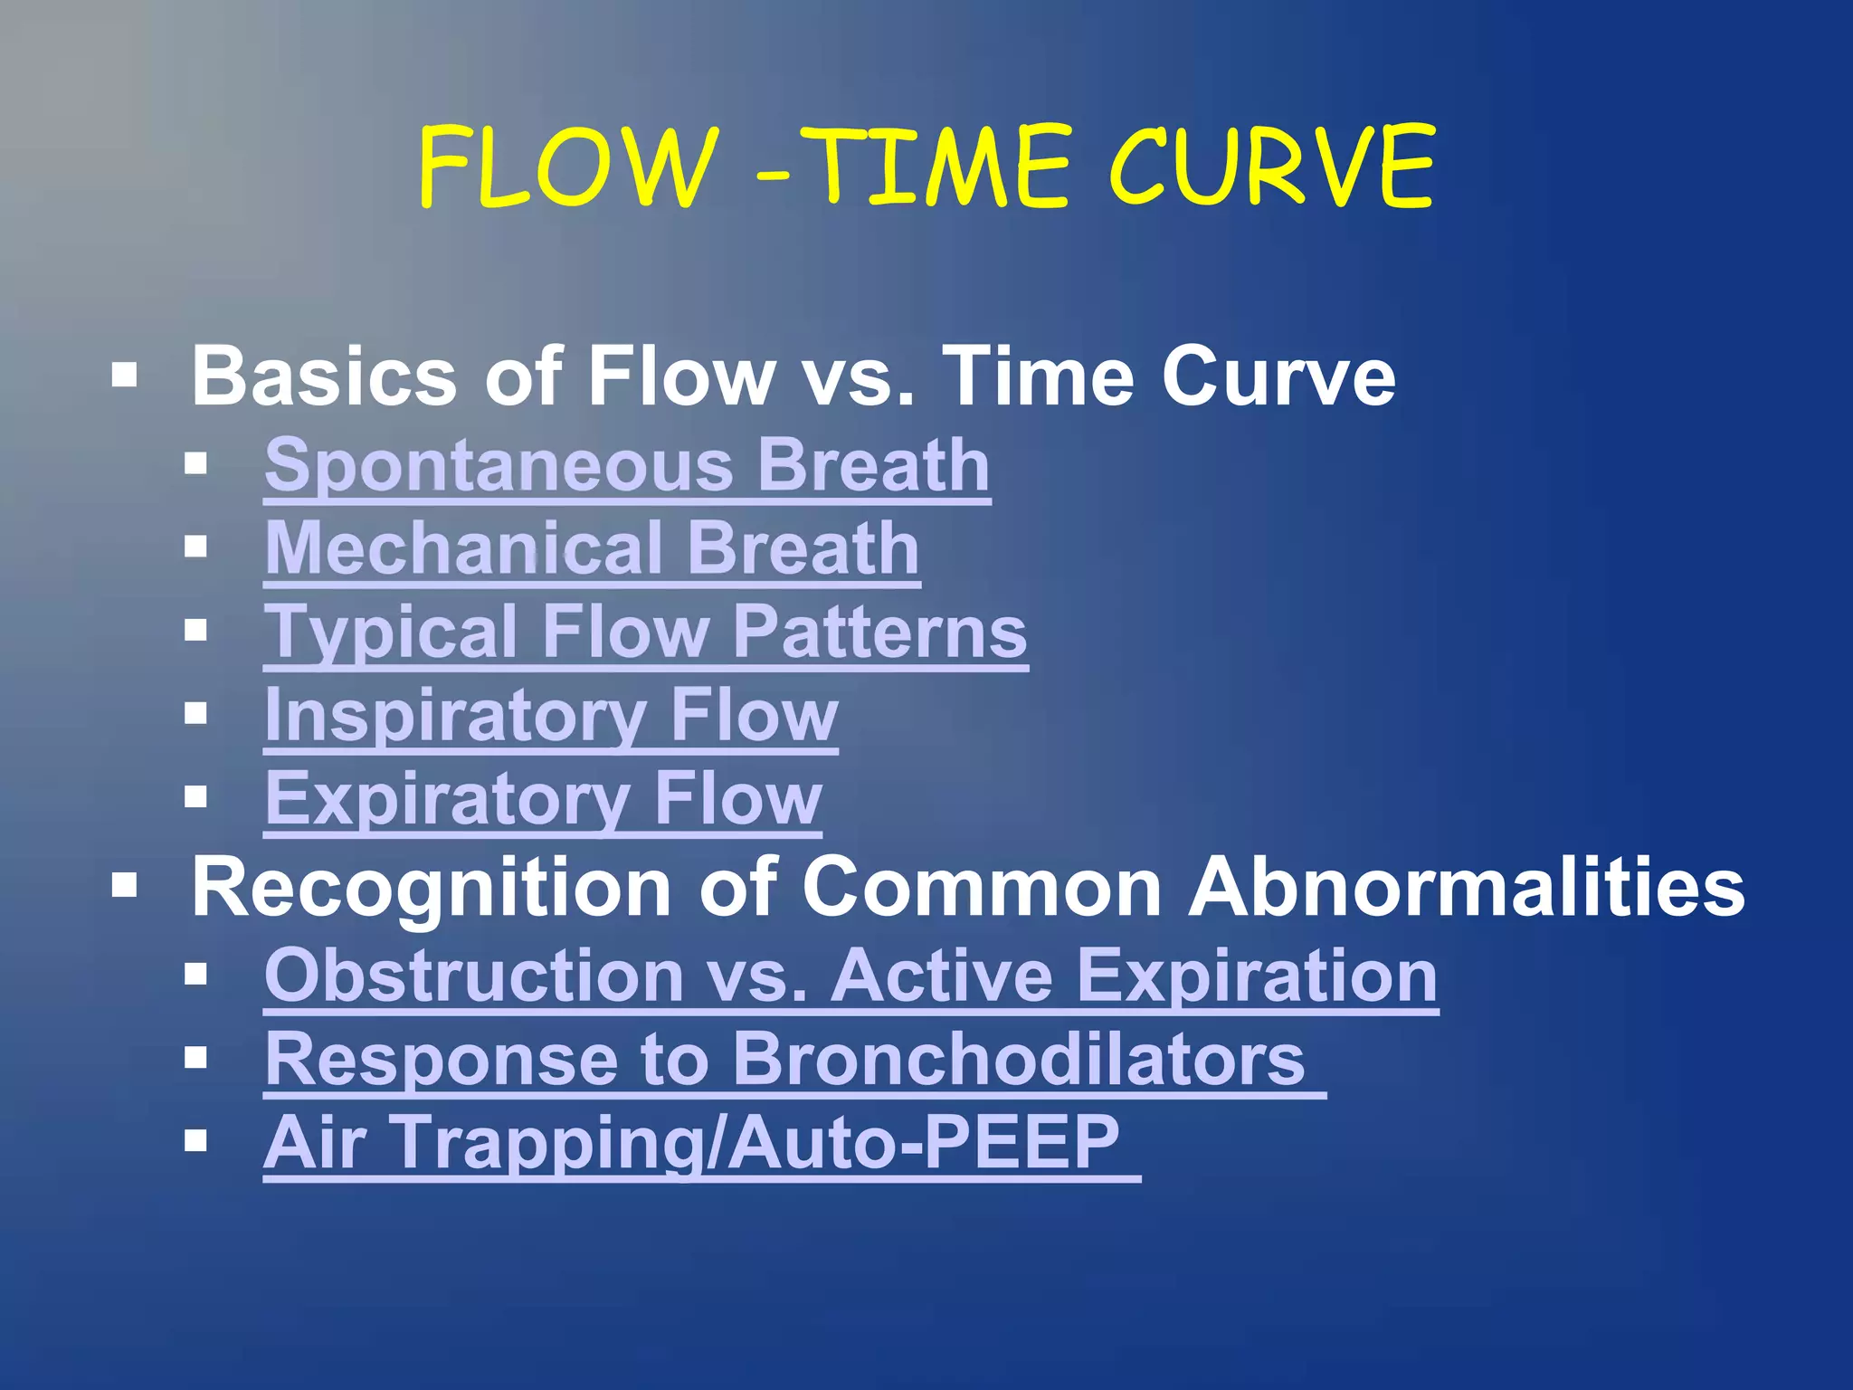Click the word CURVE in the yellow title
(1270, 168)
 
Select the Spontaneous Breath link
(627, 465)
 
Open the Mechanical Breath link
(592, 548)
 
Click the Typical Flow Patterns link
(645, 632)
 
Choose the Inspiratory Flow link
(550, 715)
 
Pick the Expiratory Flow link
(543, 798)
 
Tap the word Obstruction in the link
(473, 976)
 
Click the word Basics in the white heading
(324, 376)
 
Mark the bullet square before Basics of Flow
(125, 375)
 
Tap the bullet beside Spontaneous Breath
(195, 464)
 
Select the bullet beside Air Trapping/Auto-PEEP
(195, 1140)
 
